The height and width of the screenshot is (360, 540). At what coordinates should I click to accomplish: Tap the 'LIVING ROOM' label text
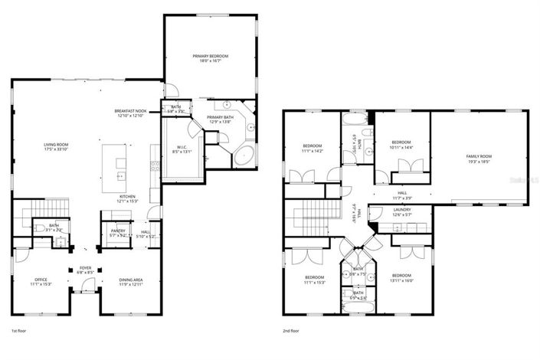[x=57, y=145]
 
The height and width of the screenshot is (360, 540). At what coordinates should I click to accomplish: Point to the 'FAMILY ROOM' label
[x=478, y=156]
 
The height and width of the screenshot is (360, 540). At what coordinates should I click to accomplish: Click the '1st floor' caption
[x=20, y=331]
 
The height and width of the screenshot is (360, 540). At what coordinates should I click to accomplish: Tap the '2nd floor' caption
[x=292, y=331]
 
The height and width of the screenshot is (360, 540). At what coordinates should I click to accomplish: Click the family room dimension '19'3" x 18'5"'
[x=478, y=162]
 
